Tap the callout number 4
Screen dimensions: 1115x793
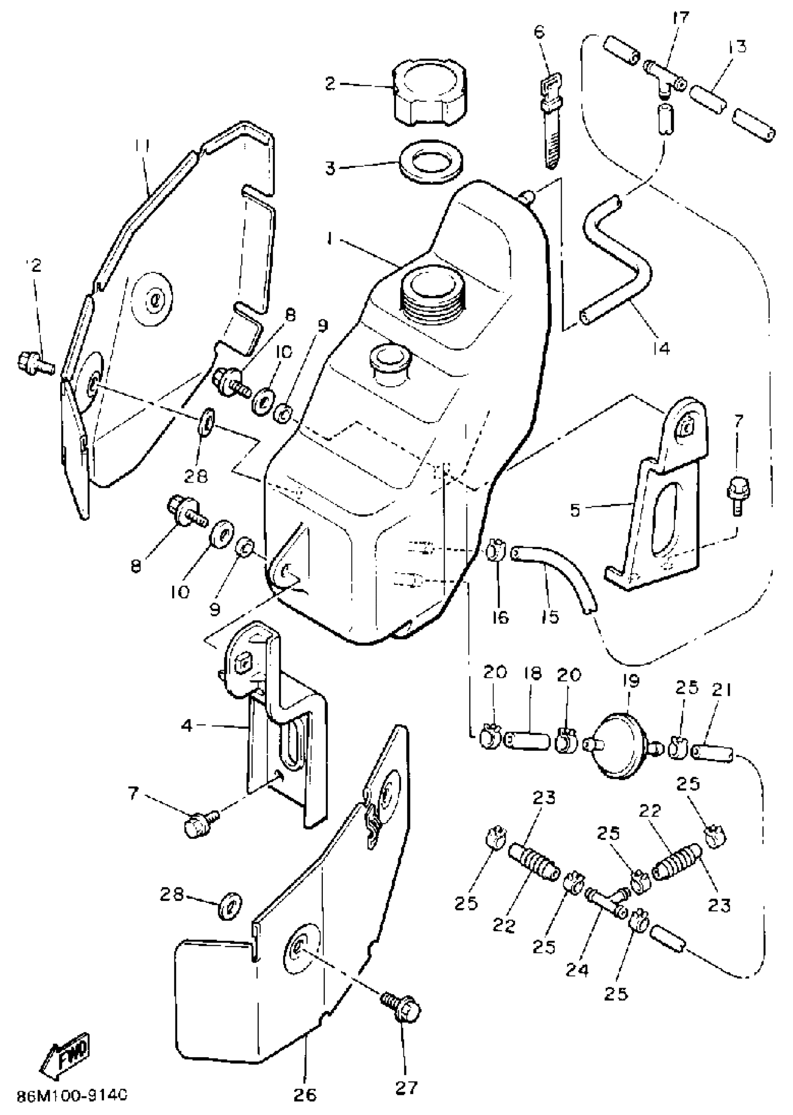(187, 726)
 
